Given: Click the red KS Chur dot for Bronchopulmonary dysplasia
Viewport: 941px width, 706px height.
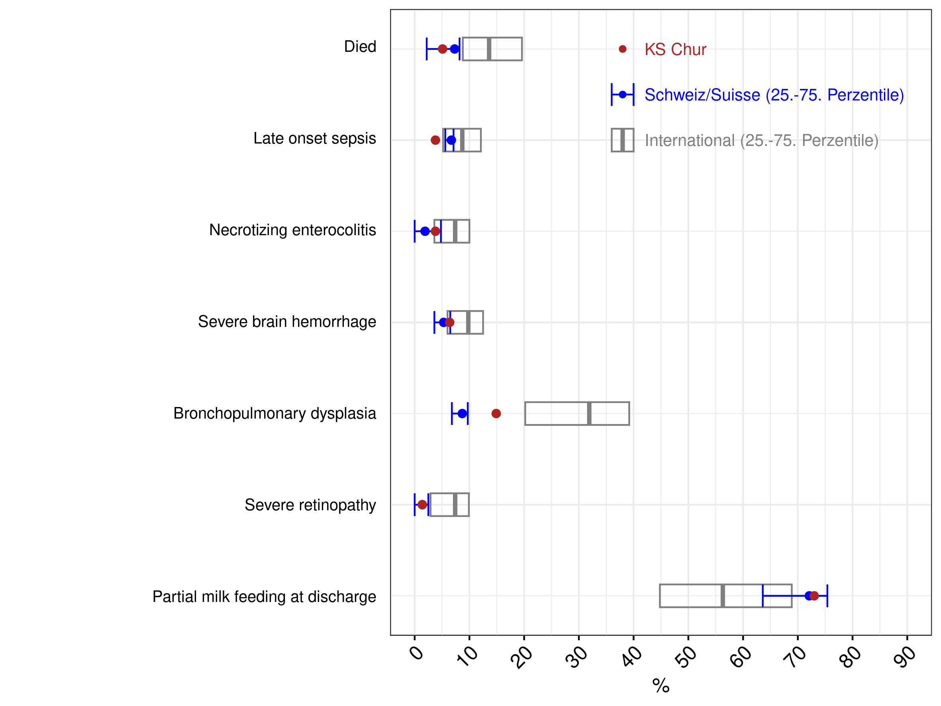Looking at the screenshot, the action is tap(496, 414).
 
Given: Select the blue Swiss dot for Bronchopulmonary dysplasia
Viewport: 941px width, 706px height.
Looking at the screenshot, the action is tap(463, 414).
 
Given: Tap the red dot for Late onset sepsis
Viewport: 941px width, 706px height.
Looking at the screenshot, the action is tap(435, 140).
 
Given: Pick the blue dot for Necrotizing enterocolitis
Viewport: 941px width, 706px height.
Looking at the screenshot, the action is tap(425, 232).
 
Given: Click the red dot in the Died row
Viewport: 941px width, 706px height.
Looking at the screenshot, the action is tap(443, 49).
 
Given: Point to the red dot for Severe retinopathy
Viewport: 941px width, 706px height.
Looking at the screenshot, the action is tap(422, 505).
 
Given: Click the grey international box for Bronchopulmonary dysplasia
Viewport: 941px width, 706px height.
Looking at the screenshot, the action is tap(525, 414).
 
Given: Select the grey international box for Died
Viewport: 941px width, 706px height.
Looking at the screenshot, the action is tap(463, 49).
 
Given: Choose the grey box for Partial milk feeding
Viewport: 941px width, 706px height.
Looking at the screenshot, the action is tap(660, 596).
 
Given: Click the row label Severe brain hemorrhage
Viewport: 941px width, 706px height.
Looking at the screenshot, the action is tap(287, 322).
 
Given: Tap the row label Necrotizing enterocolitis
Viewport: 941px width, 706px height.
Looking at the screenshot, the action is tap(293, 230).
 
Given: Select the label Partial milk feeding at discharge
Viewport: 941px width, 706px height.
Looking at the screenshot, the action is tap(264, 597).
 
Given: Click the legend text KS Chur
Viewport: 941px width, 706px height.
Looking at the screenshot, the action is tap(675, 49).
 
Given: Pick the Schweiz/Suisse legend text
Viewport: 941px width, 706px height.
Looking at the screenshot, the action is tap(774, 95).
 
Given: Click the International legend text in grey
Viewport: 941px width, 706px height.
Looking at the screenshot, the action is tap(761, 140).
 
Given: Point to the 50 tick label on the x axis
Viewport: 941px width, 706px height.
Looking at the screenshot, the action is tap(685, 657).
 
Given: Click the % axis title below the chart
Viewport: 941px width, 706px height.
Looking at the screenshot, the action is tap(661, 686).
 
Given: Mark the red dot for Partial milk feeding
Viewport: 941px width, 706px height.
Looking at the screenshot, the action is tap(814, 596).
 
